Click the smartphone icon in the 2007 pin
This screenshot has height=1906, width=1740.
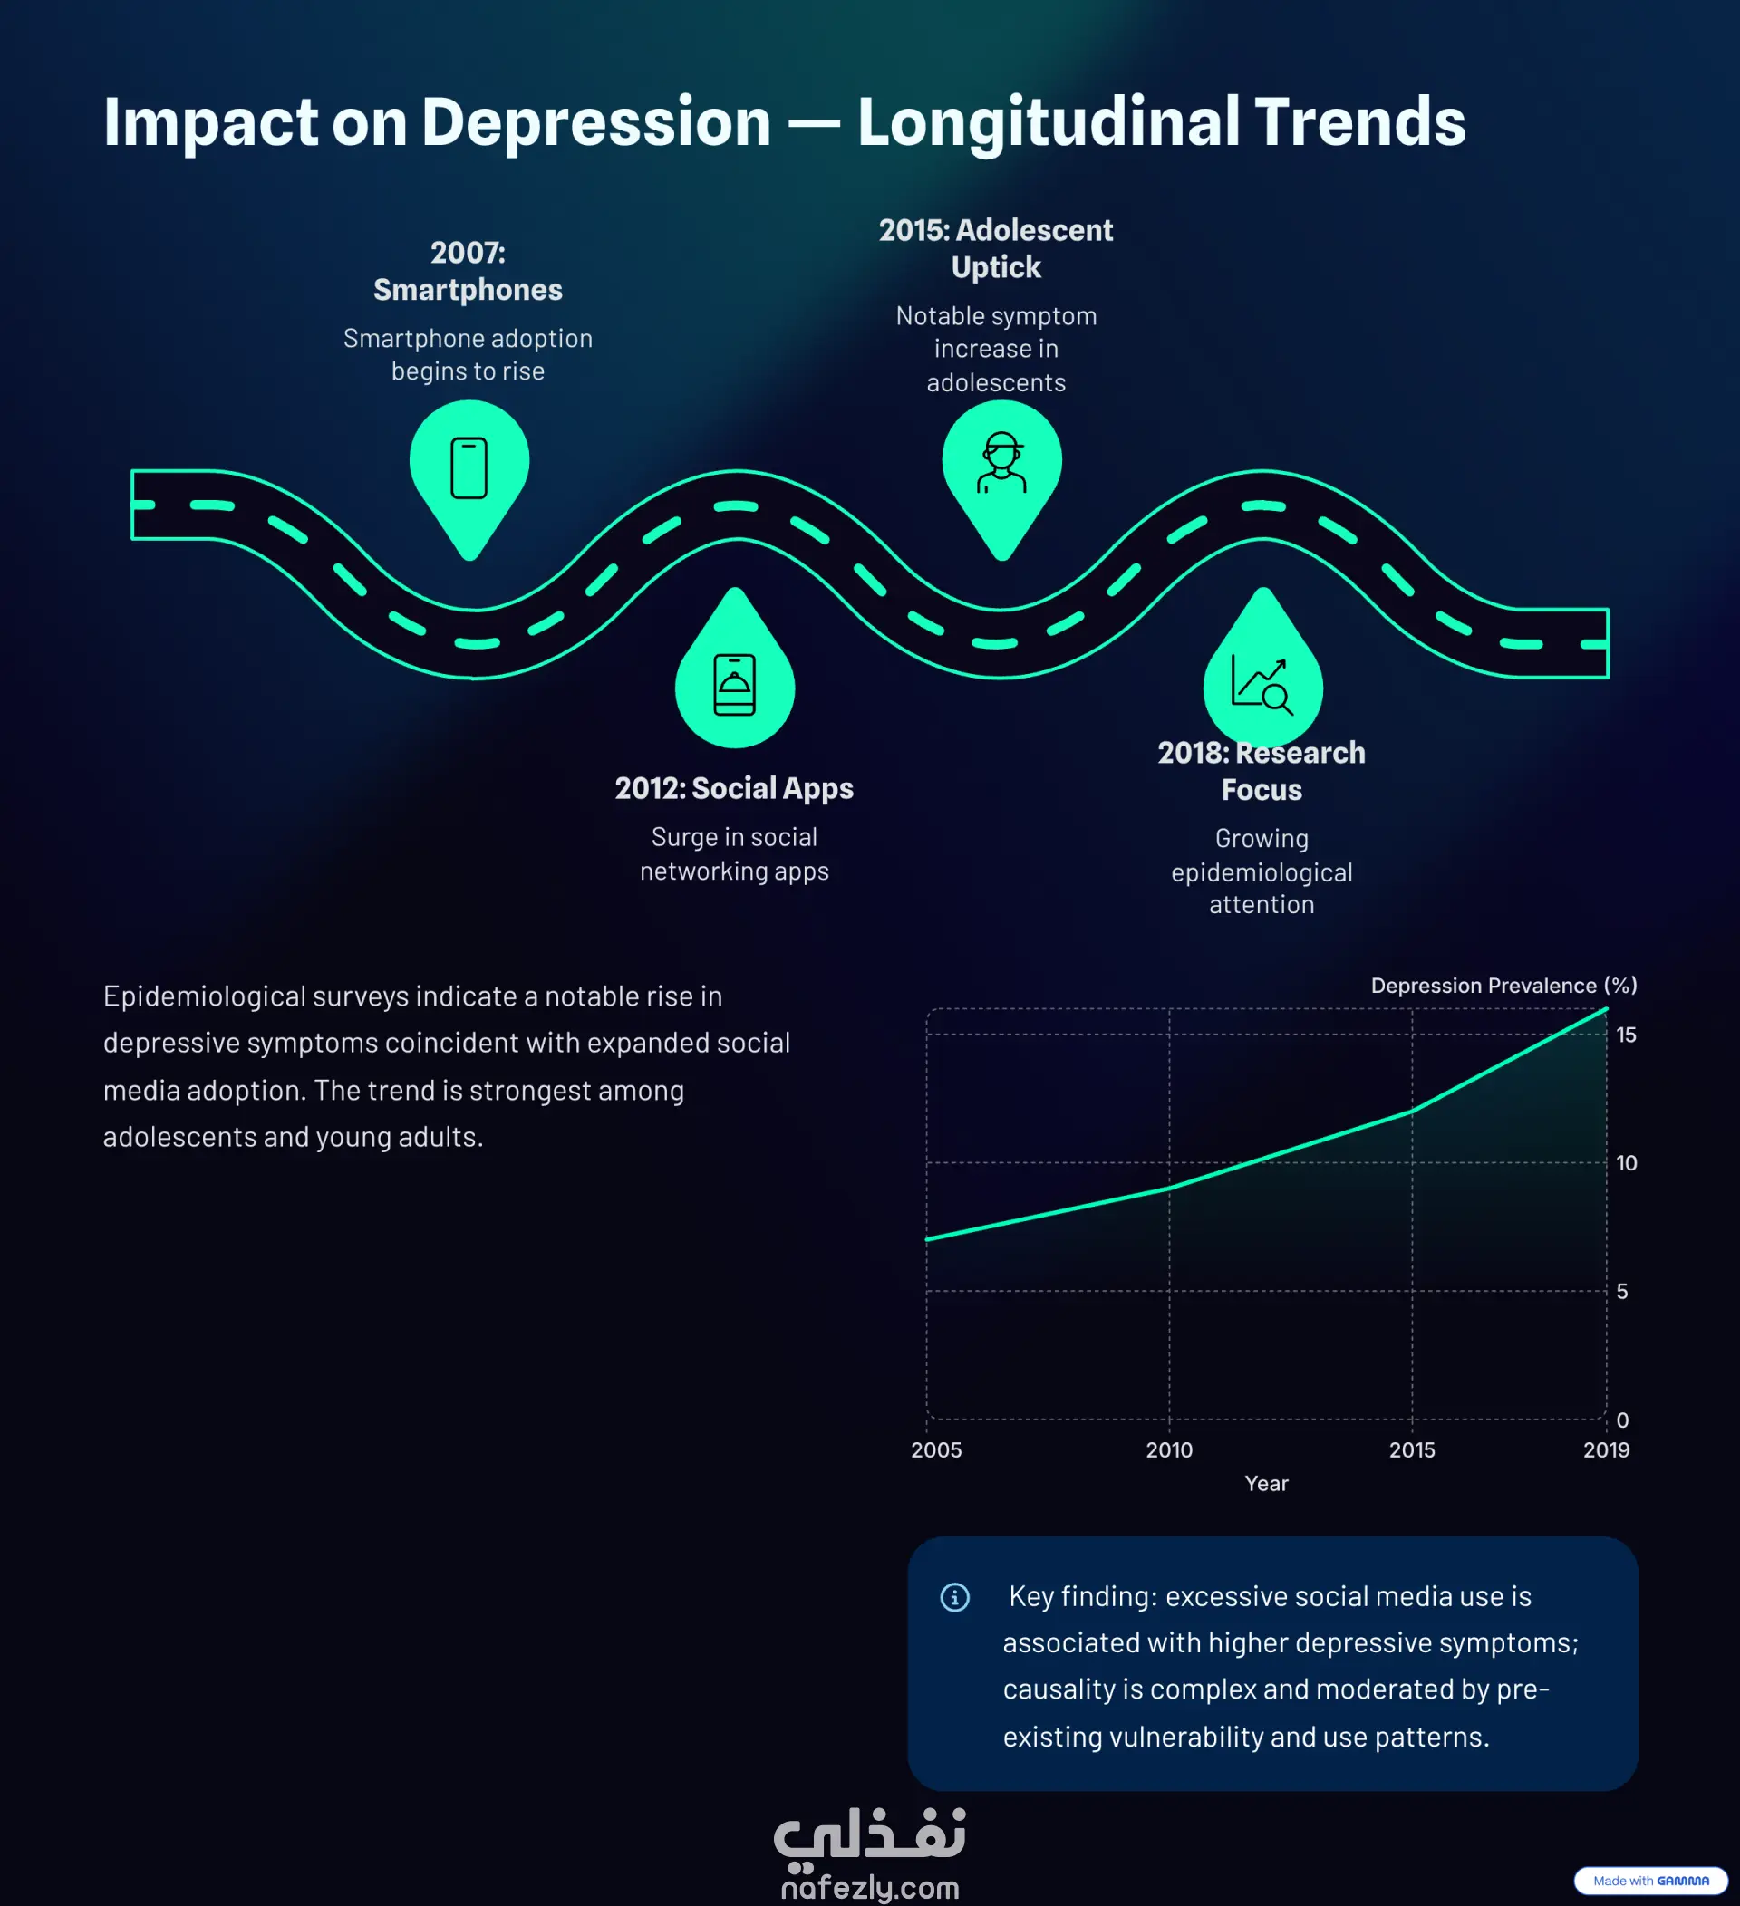click(x=469, y=467)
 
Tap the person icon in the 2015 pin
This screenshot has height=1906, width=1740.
click(x=1001, y=462)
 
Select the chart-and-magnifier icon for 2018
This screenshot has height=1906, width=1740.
click(x=1262, y=685)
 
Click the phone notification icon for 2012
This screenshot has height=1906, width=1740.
click(x=735, y=685)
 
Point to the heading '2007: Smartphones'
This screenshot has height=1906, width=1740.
click(x=469, y=270)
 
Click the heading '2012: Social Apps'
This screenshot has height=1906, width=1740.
click(x=735, y=787)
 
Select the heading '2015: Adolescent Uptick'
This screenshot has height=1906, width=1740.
click(x=996, y=247)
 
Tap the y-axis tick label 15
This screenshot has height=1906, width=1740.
click(x=1627, y=1035)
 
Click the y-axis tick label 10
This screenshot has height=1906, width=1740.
click(x=1627, y=1163)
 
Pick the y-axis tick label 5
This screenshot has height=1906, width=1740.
click(x=1623, y=1292)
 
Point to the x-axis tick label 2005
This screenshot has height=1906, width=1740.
click(x=936, y=1449)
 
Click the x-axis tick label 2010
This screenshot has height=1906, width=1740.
click(x=1170, y=1449)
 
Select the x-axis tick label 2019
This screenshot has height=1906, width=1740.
click(x=1607, y=1449)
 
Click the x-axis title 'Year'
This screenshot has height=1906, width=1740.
click(x=1266, y=1483)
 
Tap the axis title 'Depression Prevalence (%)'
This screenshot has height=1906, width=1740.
click(x=1503, y=985)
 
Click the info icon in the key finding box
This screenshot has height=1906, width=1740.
click(x=955, y=1597)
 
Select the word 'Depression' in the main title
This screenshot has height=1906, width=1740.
click(x=595, y=123)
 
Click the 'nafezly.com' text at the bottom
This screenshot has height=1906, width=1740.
click(x=870, y=1888)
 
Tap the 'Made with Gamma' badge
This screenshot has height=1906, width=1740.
click(x=1651, y=1881)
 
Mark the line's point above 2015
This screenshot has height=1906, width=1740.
click(x=1412, y=1112)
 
